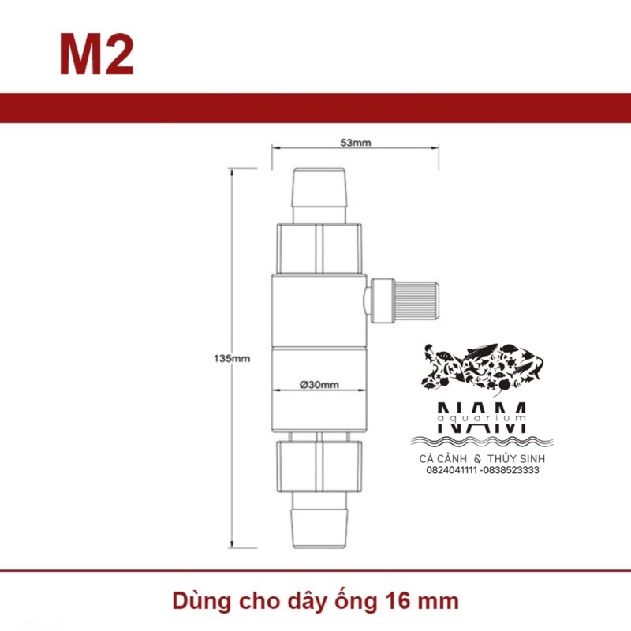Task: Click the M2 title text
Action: [x=96, y=54]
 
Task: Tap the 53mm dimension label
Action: [x=356, y=143]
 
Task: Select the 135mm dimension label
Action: [x=232, y=358]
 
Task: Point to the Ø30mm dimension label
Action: [x=319, y=385]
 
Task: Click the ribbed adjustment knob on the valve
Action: [x=416, y=301]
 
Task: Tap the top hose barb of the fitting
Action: [x=319, y=196]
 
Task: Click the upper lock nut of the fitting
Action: [x=319, y=248]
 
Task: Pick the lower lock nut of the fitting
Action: [x=319, y=467]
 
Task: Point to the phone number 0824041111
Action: [x=452, y=470]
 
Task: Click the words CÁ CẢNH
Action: [x=443, y=458]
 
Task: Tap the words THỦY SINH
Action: [x=517, y=458]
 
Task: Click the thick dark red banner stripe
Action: [x=315, y=108]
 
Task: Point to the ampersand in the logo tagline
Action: [x=477, y=458]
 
